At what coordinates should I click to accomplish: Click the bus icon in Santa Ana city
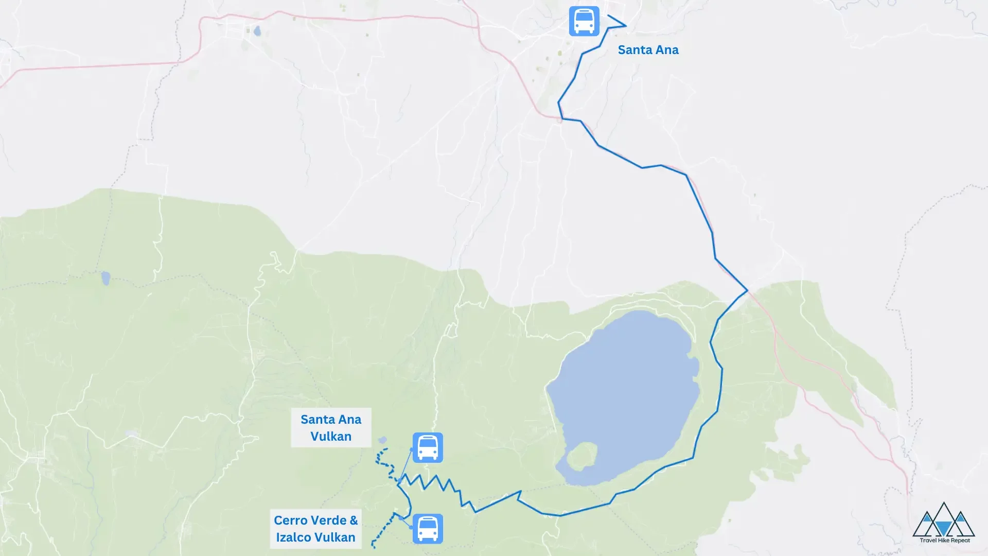(584, 21)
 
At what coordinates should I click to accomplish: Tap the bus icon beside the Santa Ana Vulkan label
(428, 447)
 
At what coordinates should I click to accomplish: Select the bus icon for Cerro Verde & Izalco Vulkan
(428, 529)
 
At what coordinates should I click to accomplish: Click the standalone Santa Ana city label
(648, 50)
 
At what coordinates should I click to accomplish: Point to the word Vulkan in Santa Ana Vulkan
(331, 437)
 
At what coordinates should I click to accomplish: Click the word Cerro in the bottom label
(290, 520)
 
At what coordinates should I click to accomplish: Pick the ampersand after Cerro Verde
(354, 520)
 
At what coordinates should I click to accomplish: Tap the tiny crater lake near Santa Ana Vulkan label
(382, 440)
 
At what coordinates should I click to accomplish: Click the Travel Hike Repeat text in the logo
(945, 541)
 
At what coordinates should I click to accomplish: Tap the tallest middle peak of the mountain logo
(944, 507)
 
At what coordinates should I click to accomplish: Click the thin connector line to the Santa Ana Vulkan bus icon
(405, 464)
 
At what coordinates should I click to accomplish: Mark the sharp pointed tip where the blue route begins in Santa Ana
(626, 25)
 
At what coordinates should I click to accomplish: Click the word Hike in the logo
(944, 541)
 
